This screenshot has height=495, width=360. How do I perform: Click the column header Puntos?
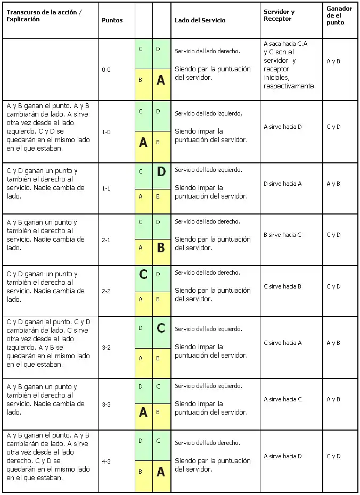click(x=112, y=20)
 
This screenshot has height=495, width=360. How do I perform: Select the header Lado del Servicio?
click(x=200, y=20)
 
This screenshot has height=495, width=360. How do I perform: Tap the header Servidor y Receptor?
click(x=279, y=15)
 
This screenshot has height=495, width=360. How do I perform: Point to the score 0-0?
click(x=107, y=70)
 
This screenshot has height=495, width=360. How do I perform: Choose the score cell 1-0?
click(x=107, y=132)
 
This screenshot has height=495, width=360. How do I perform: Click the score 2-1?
click(x=107, y=240)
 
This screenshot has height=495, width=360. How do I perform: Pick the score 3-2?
click(x=107, y=348)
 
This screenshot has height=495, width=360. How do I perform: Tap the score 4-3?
click(x=107, y=461)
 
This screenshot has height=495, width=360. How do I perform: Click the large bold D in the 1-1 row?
click(x=161, y=172)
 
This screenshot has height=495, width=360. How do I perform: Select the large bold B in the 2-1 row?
click(x=161, y=248)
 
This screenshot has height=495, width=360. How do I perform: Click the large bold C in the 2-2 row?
click(x=143, y=275)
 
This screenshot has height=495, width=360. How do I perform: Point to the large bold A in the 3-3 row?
click(x=143, y=412)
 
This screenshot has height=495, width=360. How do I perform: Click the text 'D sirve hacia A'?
click(x=283, y=184)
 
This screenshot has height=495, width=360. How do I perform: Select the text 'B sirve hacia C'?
click(x=283, y=235)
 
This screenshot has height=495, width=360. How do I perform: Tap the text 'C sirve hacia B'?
click(x=283, y=286)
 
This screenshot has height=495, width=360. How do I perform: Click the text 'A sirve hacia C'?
click(x=283, y=399)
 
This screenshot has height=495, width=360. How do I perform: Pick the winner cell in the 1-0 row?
click(x=333, y=127)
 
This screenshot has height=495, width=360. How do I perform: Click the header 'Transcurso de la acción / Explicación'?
click(x=44, y=15)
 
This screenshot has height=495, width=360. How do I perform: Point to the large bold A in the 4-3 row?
click(x=161, y=472)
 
